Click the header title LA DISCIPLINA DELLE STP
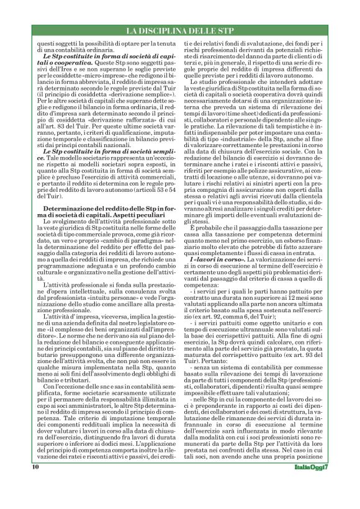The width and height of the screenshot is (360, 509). [x=179, y=30]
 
